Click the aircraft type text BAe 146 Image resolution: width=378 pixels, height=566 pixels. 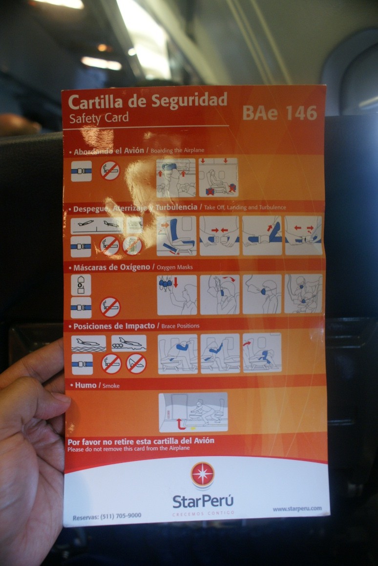coord(279,112)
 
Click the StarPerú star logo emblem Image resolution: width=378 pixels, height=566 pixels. coord(202,474)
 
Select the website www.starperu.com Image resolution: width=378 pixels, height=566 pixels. coord(297,509)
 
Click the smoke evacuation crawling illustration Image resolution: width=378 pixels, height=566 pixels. coord(193,412)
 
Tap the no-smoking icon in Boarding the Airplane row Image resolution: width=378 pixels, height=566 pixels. coord(110,171)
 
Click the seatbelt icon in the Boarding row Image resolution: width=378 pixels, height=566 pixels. coord(81,171)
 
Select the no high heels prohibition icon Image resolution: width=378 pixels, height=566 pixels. coord(136,363)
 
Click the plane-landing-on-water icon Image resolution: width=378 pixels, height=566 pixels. coord(88,343)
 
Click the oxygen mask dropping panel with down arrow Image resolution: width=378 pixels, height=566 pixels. coord(177,294)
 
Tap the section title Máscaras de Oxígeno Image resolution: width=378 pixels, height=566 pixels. coord(111,267)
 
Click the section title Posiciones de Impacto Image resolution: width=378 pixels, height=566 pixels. coord(114,326)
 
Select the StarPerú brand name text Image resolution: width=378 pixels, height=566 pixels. coord(203,501)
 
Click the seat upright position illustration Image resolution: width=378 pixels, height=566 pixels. coord(176,236)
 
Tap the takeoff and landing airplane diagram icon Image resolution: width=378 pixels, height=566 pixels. coord(97,225)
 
